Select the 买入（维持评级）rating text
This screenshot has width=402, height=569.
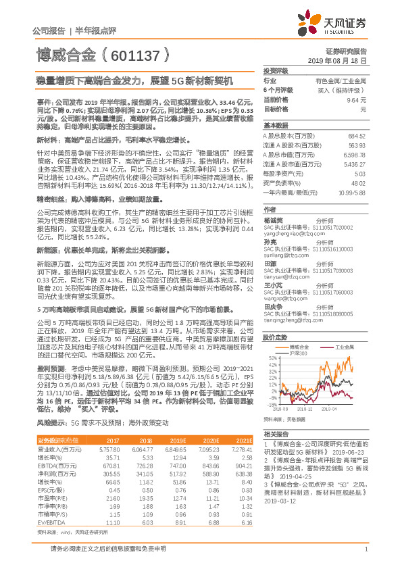click(342, 90)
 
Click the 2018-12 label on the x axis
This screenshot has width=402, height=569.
click(305, 409)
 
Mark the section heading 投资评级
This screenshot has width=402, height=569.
click(276, 70)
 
